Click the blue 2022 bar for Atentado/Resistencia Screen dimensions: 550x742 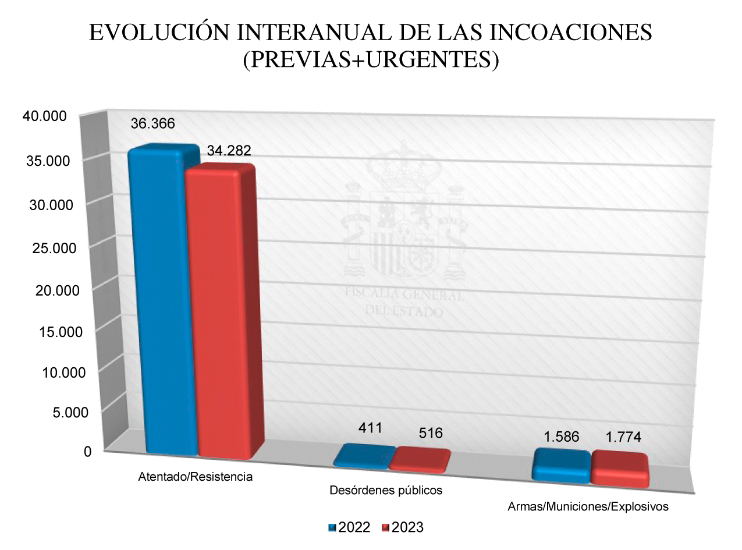pos(163,303)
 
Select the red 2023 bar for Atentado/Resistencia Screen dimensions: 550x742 pos(220,314)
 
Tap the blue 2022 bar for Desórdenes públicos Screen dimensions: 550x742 pos(361,457)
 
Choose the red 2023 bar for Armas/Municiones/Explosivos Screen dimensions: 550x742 pos(619,469)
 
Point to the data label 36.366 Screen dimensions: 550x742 pos(153,123)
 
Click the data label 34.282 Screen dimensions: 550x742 pos(229,151)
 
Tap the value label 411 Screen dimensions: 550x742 pos(370,428)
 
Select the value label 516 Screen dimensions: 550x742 pos(431,433)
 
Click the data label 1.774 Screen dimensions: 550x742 pos(619,438)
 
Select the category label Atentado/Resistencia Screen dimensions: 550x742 pos(196,477)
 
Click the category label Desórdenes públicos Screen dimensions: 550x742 pos(386,490)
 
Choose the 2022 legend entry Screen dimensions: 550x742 pos(349,527)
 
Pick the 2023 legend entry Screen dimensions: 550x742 pos(402,527)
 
